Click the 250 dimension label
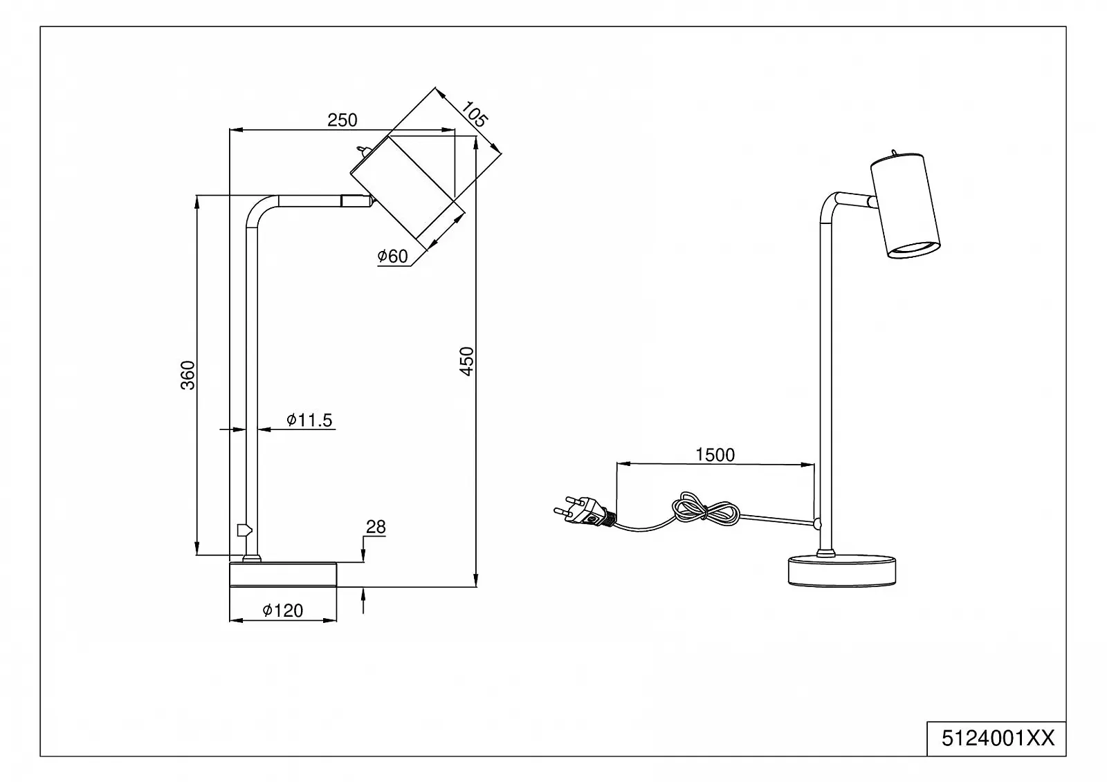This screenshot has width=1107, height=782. tap(342, 120)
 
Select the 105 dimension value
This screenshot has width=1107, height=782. tap(474, 113)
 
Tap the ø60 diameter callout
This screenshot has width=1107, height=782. tap(392, 257)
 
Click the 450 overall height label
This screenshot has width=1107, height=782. tap(467, 361)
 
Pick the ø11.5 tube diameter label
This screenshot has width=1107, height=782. tap(309, 420)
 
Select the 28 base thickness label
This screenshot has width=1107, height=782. tap(376, 527)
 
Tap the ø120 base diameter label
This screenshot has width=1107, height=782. tap(283, 611)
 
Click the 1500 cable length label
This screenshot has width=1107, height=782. tap(715, 454)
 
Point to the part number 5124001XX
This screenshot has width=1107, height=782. tap(998, 738)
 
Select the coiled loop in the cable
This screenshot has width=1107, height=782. tap(702, 510)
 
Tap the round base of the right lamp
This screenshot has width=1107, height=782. tap(842, 571)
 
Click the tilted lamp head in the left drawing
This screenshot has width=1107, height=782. tap(407, 186)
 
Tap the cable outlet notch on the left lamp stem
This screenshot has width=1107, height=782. tap(242, 530)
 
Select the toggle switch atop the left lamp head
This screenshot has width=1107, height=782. tap(362, 149)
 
